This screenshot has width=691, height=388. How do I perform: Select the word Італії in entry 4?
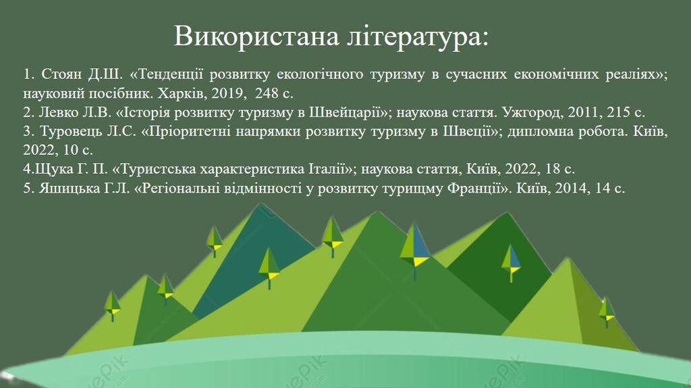(x=329, y=169)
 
